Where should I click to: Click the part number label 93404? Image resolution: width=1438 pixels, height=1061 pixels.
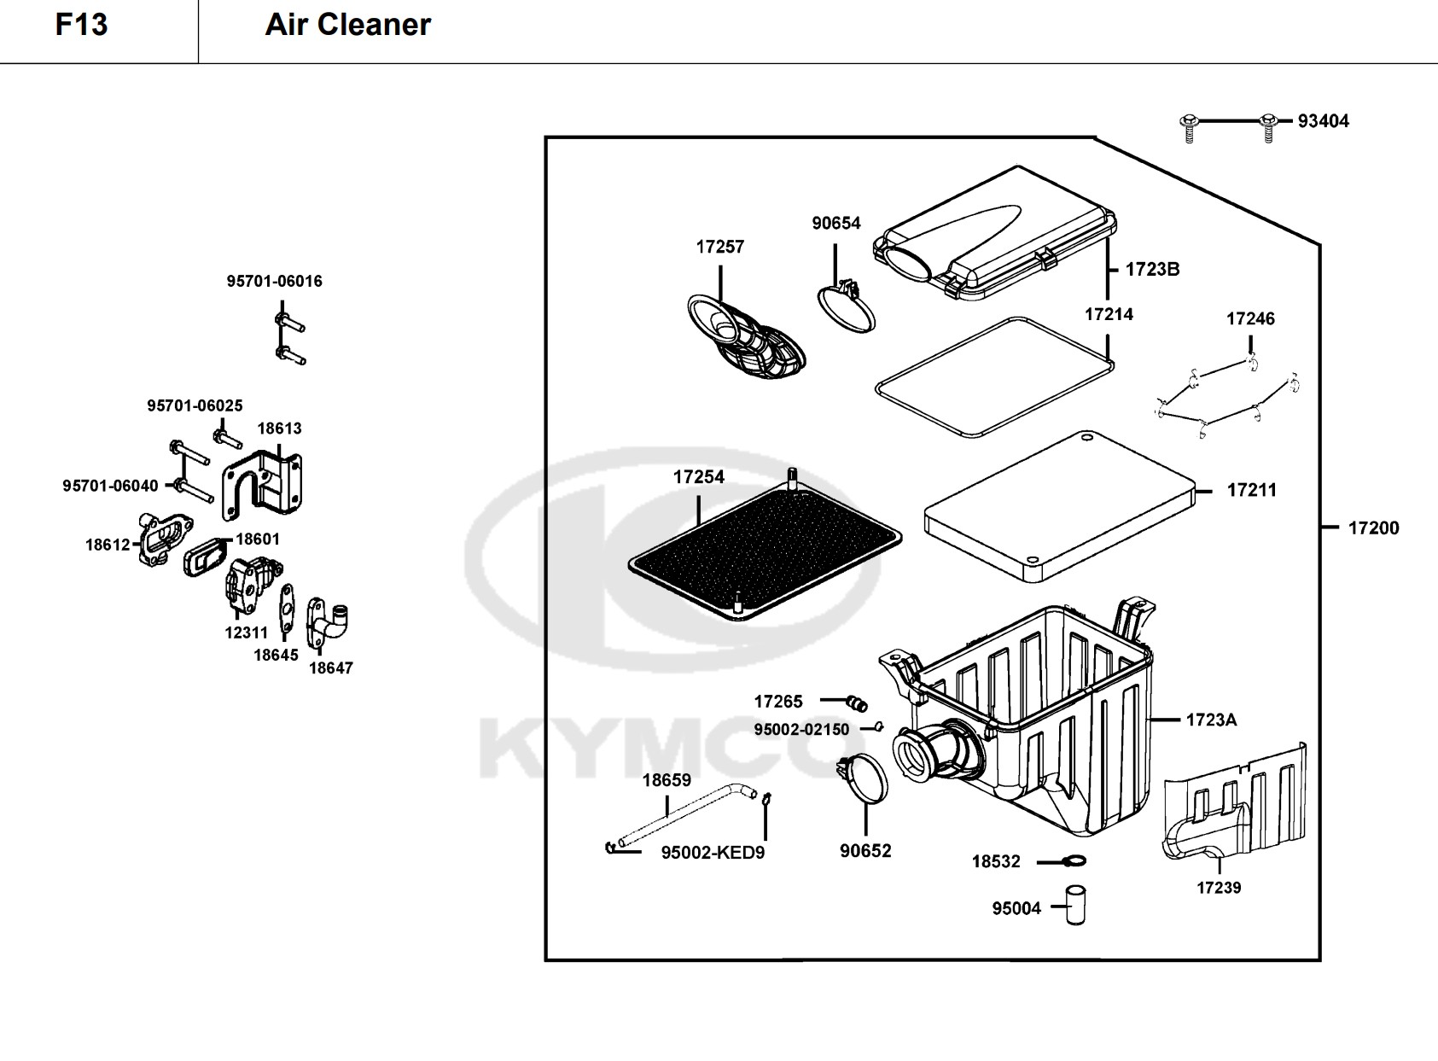pyautogui.click(x=1323, y=121)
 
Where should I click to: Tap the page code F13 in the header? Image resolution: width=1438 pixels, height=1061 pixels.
pyautogui.click(x=82, y=25)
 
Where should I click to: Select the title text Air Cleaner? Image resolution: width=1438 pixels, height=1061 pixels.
pyautogui.click(x=347, y=25)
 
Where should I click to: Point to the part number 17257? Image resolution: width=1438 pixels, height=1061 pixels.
pyautogui.click(x=719, y=247)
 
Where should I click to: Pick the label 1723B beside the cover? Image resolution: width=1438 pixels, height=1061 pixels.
pyautogui.click(x=1152, y=270)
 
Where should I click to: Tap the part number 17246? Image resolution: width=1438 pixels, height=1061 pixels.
pyautogui.click(x=1250, y=319)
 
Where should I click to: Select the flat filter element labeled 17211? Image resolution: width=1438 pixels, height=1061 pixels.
pyautogui.click(x=1058, y=504)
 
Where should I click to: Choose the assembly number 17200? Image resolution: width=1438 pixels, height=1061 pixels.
pyautogui.click(x=1373, y=528)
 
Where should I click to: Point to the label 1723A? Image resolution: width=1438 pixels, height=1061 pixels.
pyautogui.click(x=1210, y=720)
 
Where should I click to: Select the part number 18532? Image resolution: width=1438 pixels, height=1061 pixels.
pyautogui.click(x=996, y=862)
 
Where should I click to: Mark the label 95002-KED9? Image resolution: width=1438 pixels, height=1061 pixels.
pyautogui.click(x=713, y=853)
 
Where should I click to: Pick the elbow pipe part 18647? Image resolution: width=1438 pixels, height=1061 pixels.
pyautogui.click(x=329, y=623)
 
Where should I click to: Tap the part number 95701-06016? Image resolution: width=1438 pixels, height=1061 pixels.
pyautogui.click(x=274, y=282)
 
